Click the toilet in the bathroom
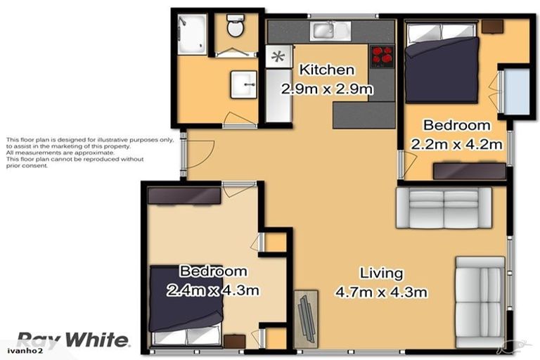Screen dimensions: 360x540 point(235,29)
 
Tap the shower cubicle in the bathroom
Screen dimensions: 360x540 point(192,34)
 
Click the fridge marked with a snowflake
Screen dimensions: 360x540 point(278,56)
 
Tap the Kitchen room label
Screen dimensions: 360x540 point(326,70)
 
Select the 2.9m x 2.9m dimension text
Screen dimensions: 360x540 point(326,89)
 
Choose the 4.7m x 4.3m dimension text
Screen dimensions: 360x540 point(381,291)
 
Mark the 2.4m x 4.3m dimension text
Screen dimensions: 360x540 point(213,289)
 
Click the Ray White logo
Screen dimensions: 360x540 point(72,340)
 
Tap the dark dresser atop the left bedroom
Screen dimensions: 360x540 point(184,195)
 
